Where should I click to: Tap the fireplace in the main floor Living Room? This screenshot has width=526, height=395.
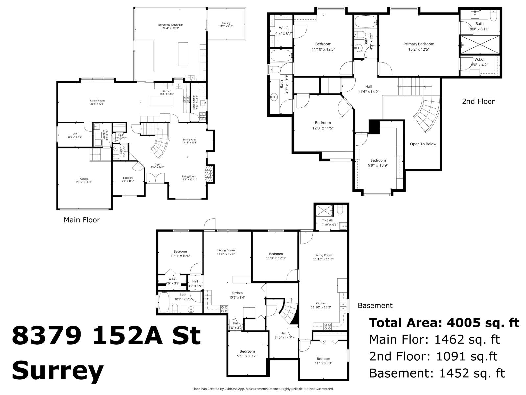[209, 173]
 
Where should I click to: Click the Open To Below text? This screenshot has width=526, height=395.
[423, 144]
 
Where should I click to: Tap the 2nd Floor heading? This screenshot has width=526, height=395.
[478, 101]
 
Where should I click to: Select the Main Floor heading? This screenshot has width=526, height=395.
[82, 220]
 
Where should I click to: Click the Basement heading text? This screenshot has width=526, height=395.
[375, 305]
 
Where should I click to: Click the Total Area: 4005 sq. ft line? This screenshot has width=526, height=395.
[444, 323]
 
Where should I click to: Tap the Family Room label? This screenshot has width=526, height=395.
[97, 102]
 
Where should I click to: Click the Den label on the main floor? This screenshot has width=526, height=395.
[75, 135]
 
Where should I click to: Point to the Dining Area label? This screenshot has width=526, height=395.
[189, 141]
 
